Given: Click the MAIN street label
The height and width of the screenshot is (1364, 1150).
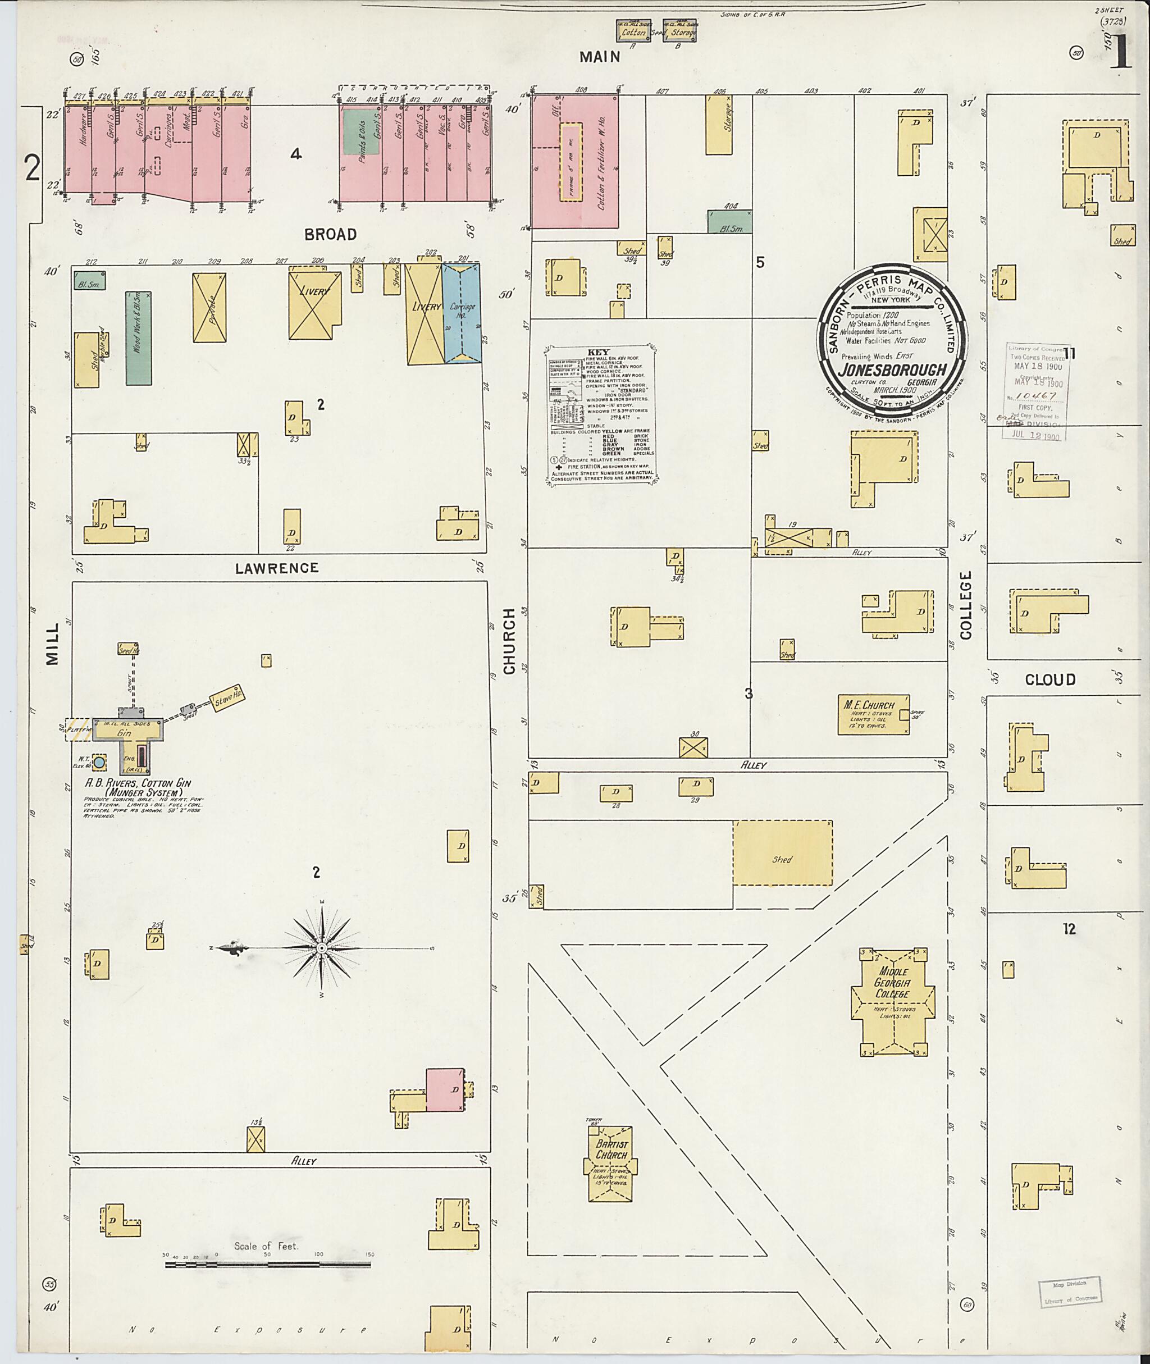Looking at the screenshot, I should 600,57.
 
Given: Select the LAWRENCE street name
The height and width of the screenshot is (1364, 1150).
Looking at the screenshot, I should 277,568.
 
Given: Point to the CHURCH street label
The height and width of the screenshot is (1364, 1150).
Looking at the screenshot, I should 509,641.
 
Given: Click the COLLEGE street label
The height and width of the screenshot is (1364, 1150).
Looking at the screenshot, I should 965,604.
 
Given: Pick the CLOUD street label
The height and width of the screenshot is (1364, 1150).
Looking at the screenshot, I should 1049,679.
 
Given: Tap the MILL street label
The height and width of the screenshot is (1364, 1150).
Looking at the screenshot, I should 52,644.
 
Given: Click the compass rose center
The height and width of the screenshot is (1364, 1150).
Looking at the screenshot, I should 321,947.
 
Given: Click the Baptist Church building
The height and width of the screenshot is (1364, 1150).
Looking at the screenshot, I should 610,1166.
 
